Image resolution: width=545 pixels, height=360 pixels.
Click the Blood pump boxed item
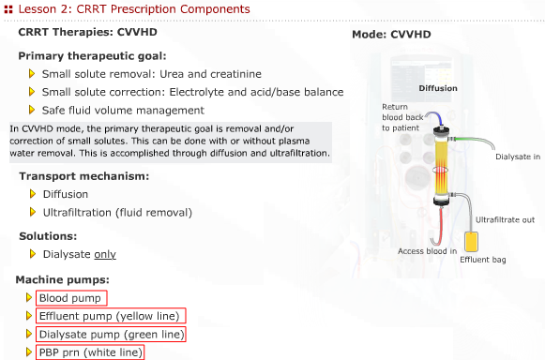coord(70,298)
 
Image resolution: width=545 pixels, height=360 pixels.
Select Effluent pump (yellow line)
coord(110,316)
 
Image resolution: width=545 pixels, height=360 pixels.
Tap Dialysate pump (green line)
coord(111,335)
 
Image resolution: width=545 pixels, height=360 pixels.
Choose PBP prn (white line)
coord(90,352)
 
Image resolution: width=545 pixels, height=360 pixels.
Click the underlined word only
coord(105,254)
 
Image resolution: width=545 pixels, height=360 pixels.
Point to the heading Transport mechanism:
coord(84,176)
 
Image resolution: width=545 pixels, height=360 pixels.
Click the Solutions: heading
coord(48,235)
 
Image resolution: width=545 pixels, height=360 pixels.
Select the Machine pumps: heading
coord(64,280)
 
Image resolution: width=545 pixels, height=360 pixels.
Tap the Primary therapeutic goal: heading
coord(93,55)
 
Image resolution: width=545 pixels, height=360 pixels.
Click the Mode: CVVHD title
coord(391,35)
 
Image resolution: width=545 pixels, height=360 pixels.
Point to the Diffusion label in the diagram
coord(438,88)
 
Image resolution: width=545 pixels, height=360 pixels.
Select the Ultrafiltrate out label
coord(505,219)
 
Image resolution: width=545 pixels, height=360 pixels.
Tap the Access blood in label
coord(427,251)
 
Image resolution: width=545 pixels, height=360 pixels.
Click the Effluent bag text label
coord(483,260)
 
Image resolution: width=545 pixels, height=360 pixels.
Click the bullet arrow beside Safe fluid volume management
coord(33,109)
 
